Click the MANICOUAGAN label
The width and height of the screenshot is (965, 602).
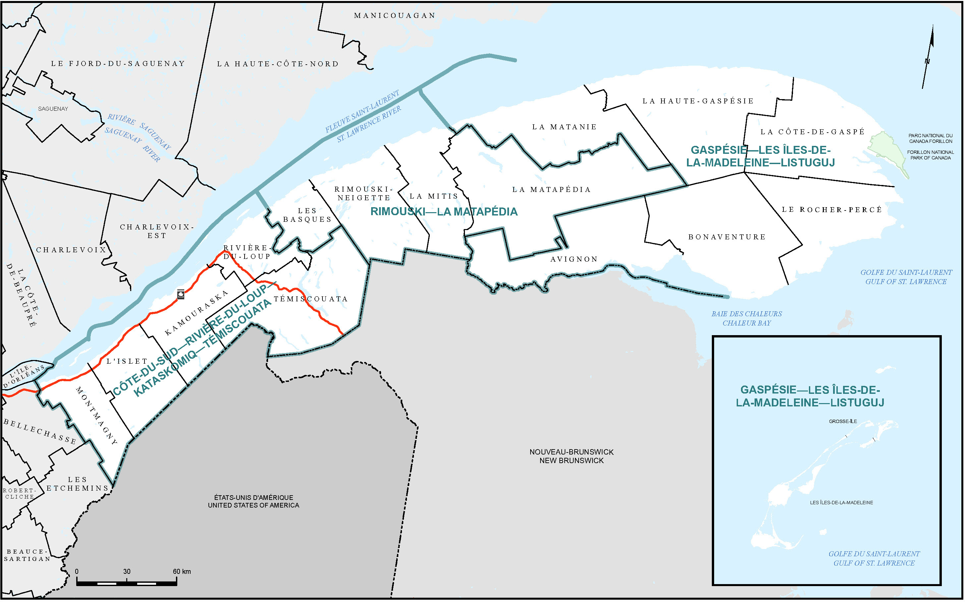click(395, 16)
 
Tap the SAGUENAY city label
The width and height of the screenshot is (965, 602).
click(53, 109)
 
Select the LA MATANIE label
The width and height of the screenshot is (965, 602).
click(564, 127)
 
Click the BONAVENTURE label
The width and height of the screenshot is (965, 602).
click(727, 237)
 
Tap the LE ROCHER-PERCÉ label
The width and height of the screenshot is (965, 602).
click(832, 210)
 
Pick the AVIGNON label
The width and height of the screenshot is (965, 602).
click(574, 259)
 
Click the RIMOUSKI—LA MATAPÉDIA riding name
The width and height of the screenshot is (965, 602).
click(444, 211)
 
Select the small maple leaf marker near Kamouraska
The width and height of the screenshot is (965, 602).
click(181, 294)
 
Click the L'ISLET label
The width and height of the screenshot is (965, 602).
click(127, 361)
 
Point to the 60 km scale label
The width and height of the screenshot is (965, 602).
click(182, 572)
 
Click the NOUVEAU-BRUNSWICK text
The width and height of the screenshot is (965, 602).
click(571, 452)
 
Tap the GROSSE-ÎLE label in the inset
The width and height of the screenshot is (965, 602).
click(843, 421)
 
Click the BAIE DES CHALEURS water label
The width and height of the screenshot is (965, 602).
click(747, 314)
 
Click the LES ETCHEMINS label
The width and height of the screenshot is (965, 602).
click(77, 484)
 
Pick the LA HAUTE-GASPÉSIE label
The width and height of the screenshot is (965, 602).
click(698, 101)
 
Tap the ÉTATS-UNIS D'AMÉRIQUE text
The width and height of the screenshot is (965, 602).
click(254, 497)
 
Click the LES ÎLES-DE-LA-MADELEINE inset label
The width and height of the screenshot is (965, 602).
click(841, 503)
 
